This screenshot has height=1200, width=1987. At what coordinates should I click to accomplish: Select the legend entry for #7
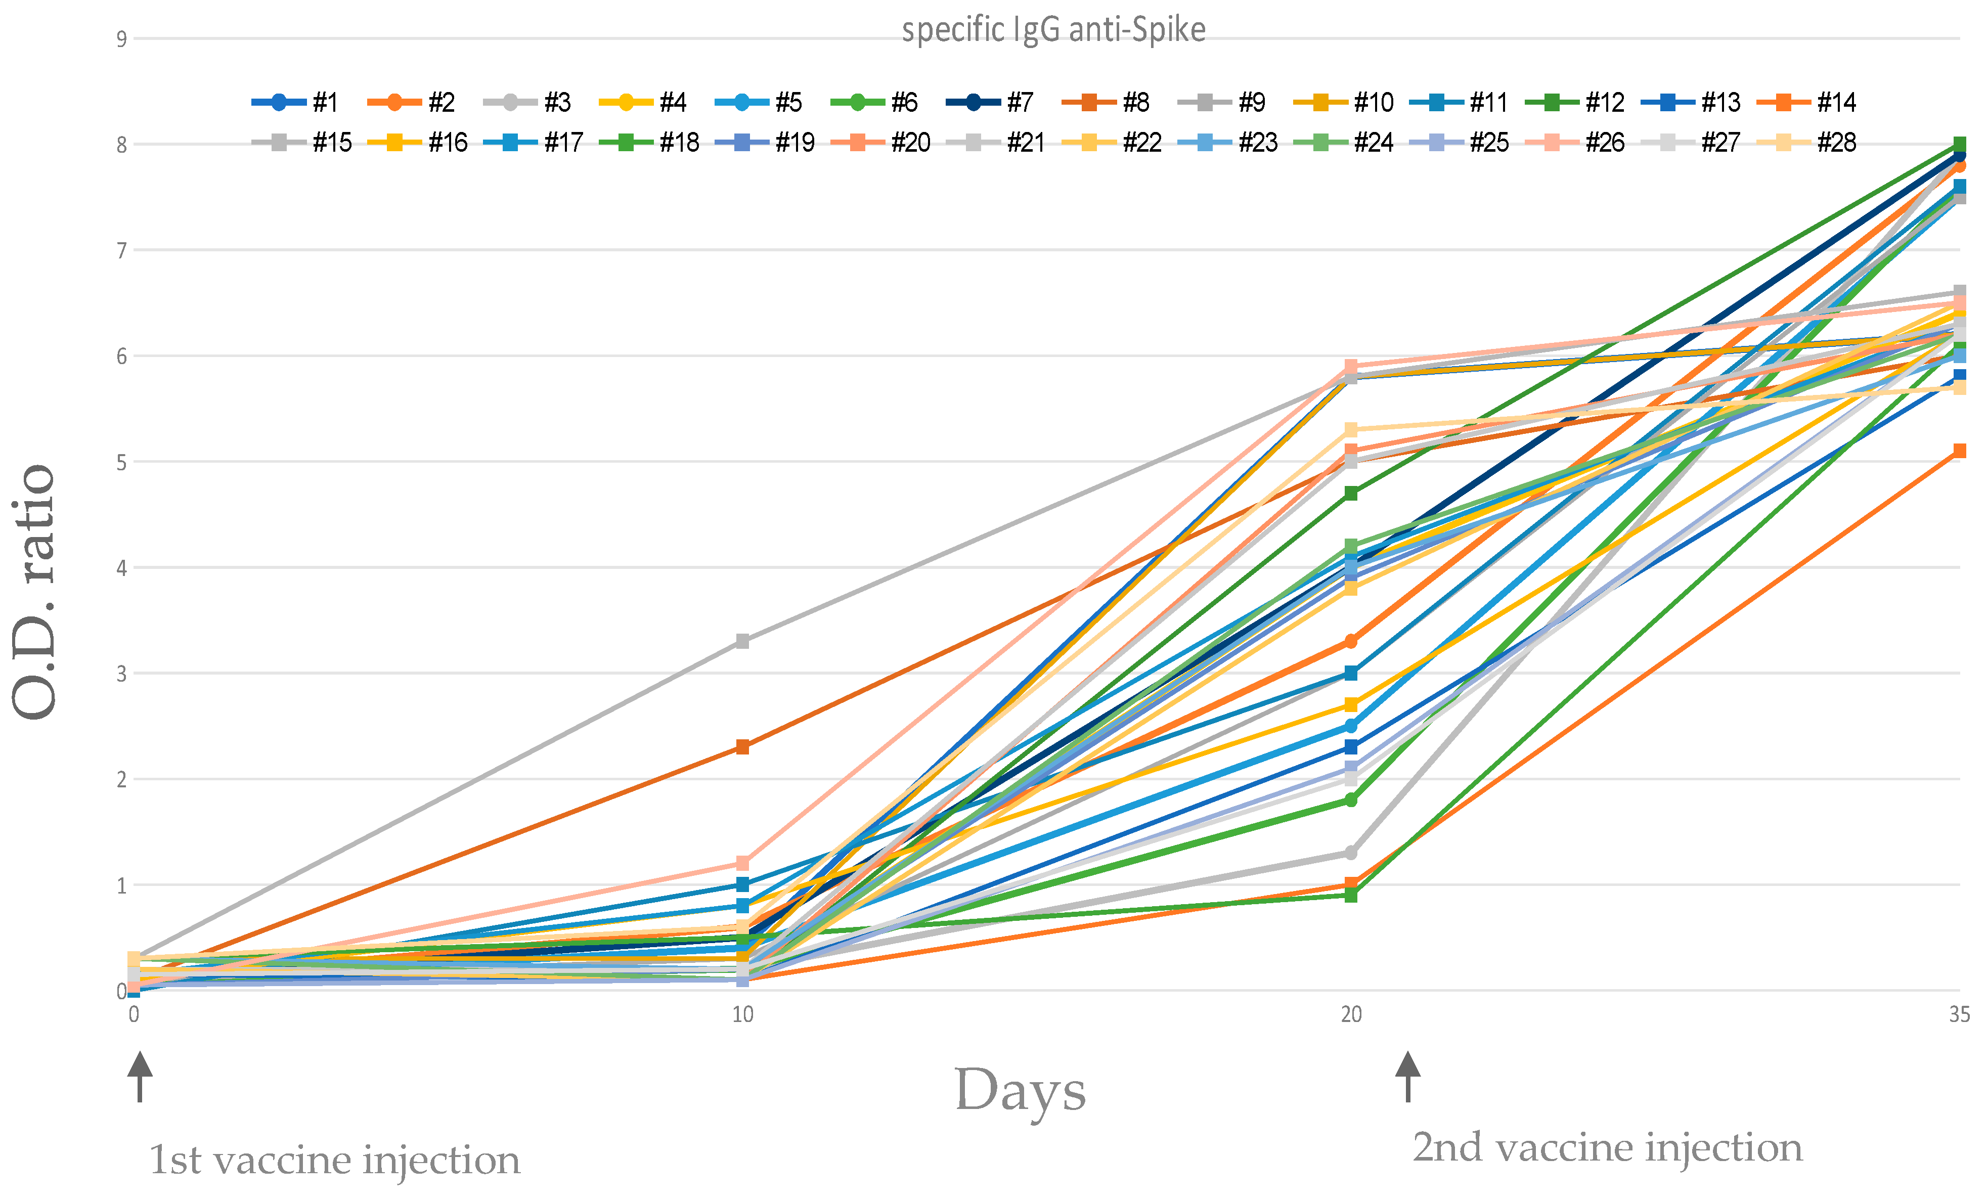[x=992, y=103]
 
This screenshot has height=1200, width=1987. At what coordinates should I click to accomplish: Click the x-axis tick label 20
[x=1351, y=1014]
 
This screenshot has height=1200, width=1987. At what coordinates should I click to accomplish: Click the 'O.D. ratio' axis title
[x=34, y=592]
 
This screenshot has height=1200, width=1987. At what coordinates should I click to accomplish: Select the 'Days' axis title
[x=1020, y=1090]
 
